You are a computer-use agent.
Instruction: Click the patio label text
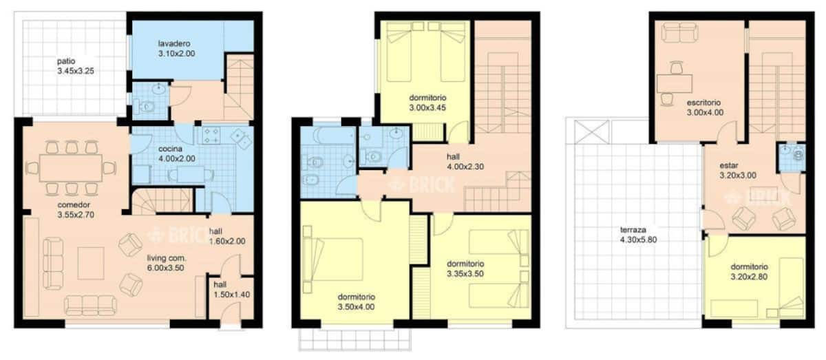click(x=66, y=61)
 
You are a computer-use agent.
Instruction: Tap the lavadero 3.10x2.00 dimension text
click(x=177, y=54)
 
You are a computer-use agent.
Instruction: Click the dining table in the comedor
click(x=71, y=168)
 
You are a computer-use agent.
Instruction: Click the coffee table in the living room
click(x=91, y=264)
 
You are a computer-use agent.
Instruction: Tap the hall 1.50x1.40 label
click(x=231, y=290)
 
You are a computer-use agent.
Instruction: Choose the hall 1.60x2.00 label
click(x=227, y=236)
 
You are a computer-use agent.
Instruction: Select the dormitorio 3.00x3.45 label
click(x=427, y=103)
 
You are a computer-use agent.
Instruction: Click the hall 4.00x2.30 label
click(x=465, y=162)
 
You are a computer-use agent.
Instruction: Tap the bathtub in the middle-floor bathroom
click(x=333, y=136)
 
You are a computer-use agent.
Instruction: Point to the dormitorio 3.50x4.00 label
click(x=357, y=302)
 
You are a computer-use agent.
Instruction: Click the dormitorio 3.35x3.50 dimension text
click(x=465, y=274)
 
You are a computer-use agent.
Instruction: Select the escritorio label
click(x=703, y=103)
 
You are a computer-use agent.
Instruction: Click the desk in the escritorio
click(x=675, y=83)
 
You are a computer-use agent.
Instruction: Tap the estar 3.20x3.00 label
click(x=738, y=171)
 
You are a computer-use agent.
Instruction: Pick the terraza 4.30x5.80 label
click(x=638, y=235)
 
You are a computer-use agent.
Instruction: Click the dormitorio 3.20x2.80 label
click(x=750, y=271)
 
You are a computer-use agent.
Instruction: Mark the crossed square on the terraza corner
click(x=592, y=131)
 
